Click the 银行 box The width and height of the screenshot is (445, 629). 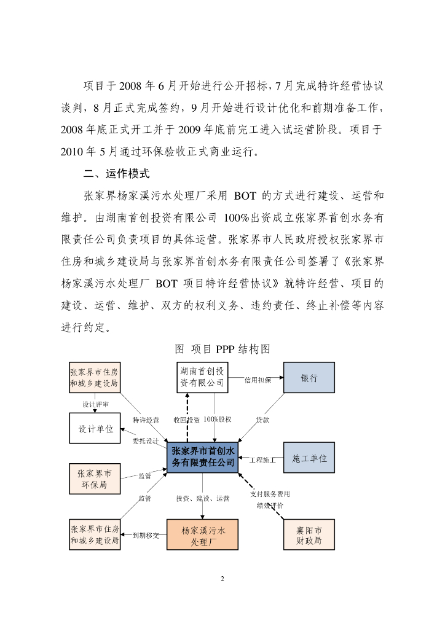click(309, 377)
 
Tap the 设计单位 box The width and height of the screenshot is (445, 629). click(95, 429)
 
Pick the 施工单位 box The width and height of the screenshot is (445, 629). click(309, 458)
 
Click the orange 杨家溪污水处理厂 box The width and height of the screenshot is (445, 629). click(202, 534)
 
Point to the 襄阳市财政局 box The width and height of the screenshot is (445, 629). click(309, 534)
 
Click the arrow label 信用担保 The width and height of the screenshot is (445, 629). click(258, 380)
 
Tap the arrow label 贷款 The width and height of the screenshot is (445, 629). click(262, 420)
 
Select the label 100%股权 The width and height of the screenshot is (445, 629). click(218, 420)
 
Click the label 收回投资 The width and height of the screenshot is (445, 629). click(186, 420)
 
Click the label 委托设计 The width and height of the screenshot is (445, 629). click(146, 440)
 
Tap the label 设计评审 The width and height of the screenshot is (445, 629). click(95, 405)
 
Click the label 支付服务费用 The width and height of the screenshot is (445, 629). click(270, 494)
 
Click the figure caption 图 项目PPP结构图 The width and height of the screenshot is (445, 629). click(222, 349)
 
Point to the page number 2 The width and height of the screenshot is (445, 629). click(222, 579)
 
